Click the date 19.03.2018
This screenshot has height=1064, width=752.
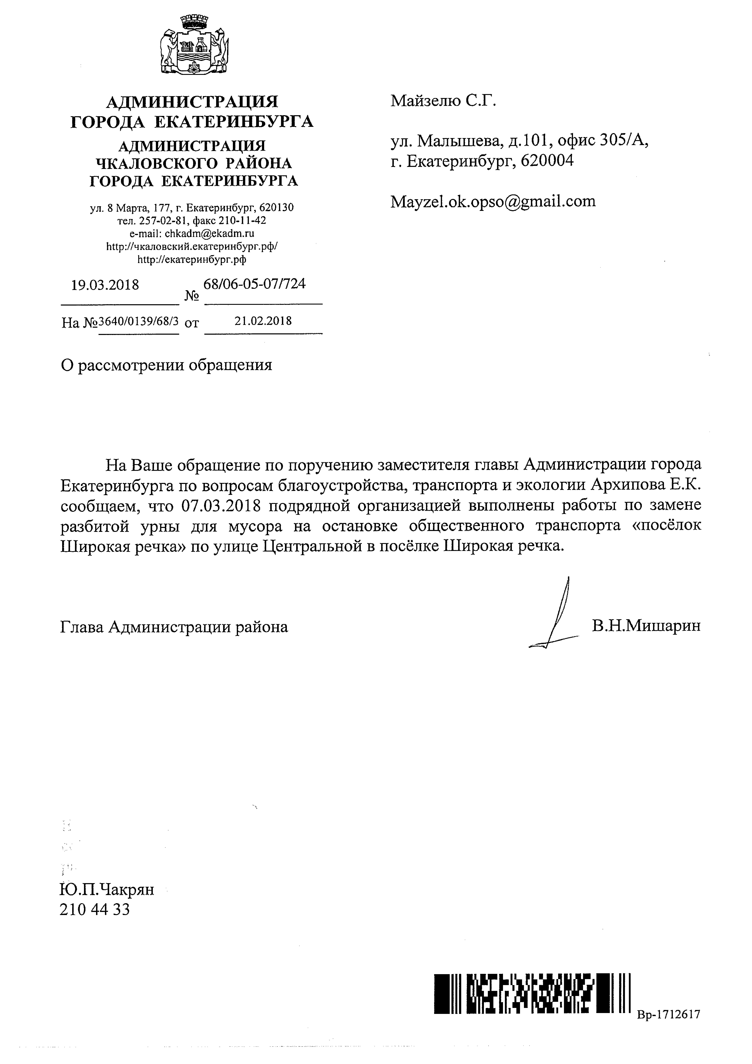[105, 285]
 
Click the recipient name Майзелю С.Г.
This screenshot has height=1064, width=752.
[443, 101]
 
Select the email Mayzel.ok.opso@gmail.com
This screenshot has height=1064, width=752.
[493, 201]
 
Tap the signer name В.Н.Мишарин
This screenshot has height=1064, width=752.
[646, 626]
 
